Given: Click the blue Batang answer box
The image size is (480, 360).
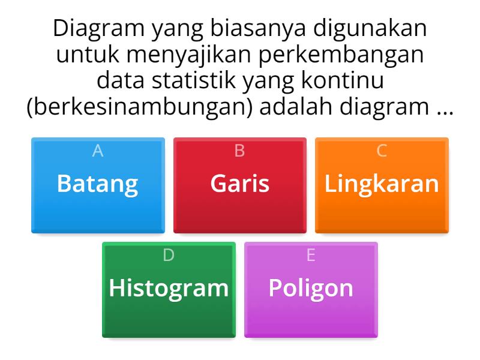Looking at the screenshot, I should [98, 185].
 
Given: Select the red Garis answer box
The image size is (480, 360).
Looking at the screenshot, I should [239, 185].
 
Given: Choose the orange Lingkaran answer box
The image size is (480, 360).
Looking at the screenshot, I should [382, 185].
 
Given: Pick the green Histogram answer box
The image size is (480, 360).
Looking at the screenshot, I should [169, 289].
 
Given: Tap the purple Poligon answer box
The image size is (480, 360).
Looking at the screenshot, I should [311, 289].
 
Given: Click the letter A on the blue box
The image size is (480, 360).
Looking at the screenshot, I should [98, 151].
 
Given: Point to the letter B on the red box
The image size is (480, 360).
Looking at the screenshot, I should [239, 151].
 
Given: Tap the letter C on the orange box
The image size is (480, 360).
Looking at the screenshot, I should [382, 151].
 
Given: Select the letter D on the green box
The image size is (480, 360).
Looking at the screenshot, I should [169, 256].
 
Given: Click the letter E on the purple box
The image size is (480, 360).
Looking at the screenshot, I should [311, 256].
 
